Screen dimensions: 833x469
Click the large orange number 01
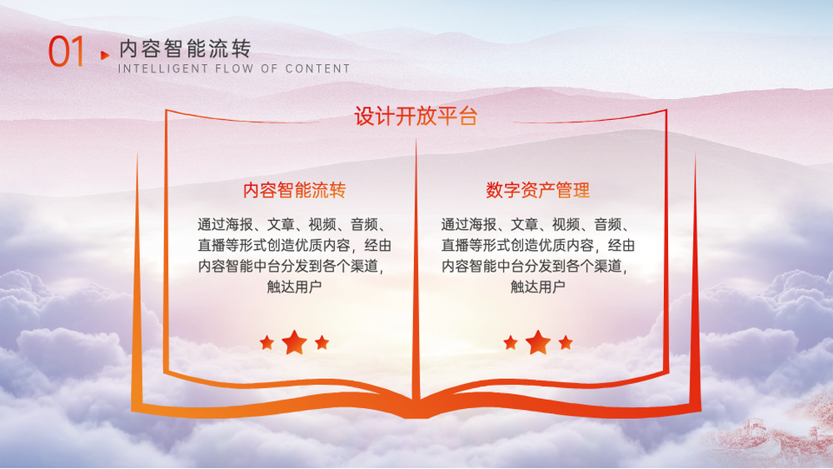(67, 52)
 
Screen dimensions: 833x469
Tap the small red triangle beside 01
(105, 55)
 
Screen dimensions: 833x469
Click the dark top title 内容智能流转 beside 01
(185, 49)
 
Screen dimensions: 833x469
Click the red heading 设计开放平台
(416, 117)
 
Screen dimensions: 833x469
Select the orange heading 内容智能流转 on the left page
(294, 190)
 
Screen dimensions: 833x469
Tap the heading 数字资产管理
(537, 190)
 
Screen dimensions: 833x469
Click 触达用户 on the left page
(294, 287)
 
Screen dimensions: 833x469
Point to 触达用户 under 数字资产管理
(537, 287)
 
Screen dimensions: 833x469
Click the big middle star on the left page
(294, 342)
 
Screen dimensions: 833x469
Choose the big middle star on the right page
(538, 342)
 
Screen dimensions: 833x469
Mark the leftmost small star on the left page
(267, 342)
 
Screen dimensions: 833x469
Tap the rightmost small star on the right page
(566, 342)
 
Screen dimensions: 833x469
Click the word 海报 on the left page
(239, 225)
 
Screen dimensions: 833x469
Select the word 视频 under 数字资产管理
(566, 225)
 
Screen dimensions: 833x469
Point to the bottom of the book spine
(416, 414)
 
